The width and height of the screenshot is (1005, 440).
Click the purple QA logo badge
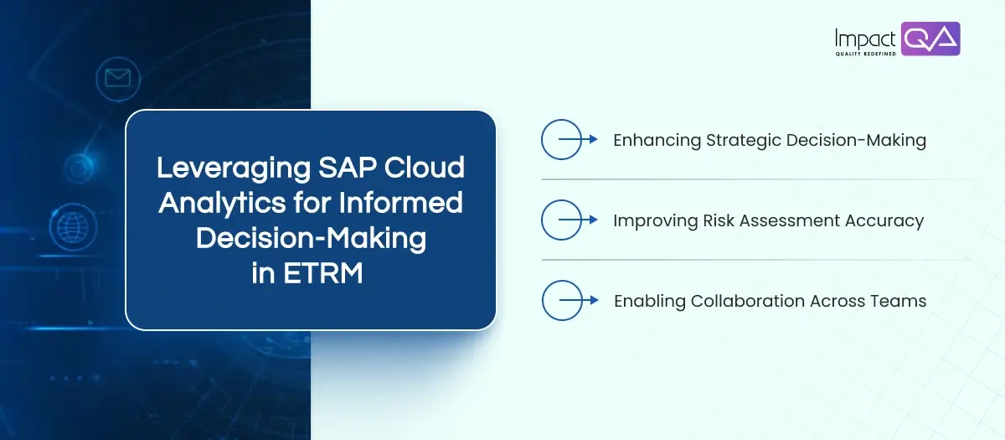[x=930, y=39]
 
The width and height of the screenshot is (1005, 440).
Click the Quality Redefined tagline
[x=865, y=54]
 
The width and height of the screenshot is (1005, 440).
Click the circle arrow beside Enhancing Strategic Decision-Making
[x=563, y=140]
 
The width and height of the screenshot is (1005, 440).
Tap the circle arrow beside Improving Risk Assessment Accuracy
[x=563, y=220]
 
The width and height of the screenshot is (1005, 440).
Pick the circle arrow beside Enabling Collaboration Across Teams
[x=563, y=301]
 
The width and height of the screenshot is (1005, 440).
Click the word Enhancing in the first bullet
[x=657, y=140]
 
